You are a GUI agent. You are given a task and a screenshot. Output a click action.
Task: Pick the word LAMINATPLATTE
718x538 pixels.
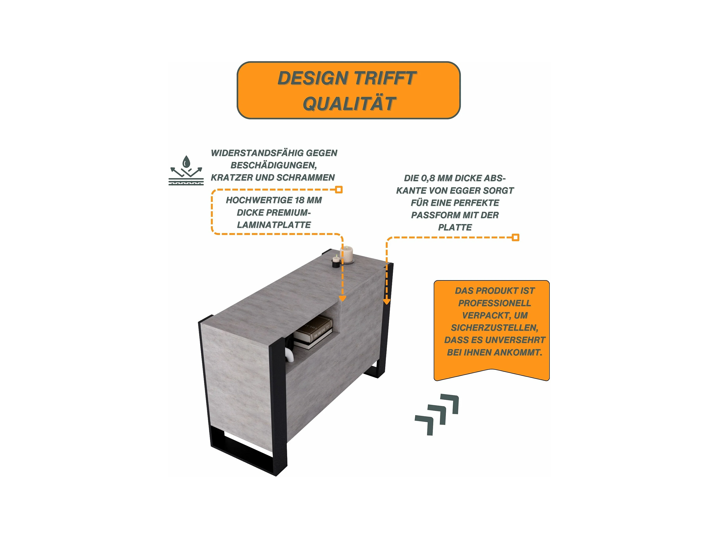pos(274,225)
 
